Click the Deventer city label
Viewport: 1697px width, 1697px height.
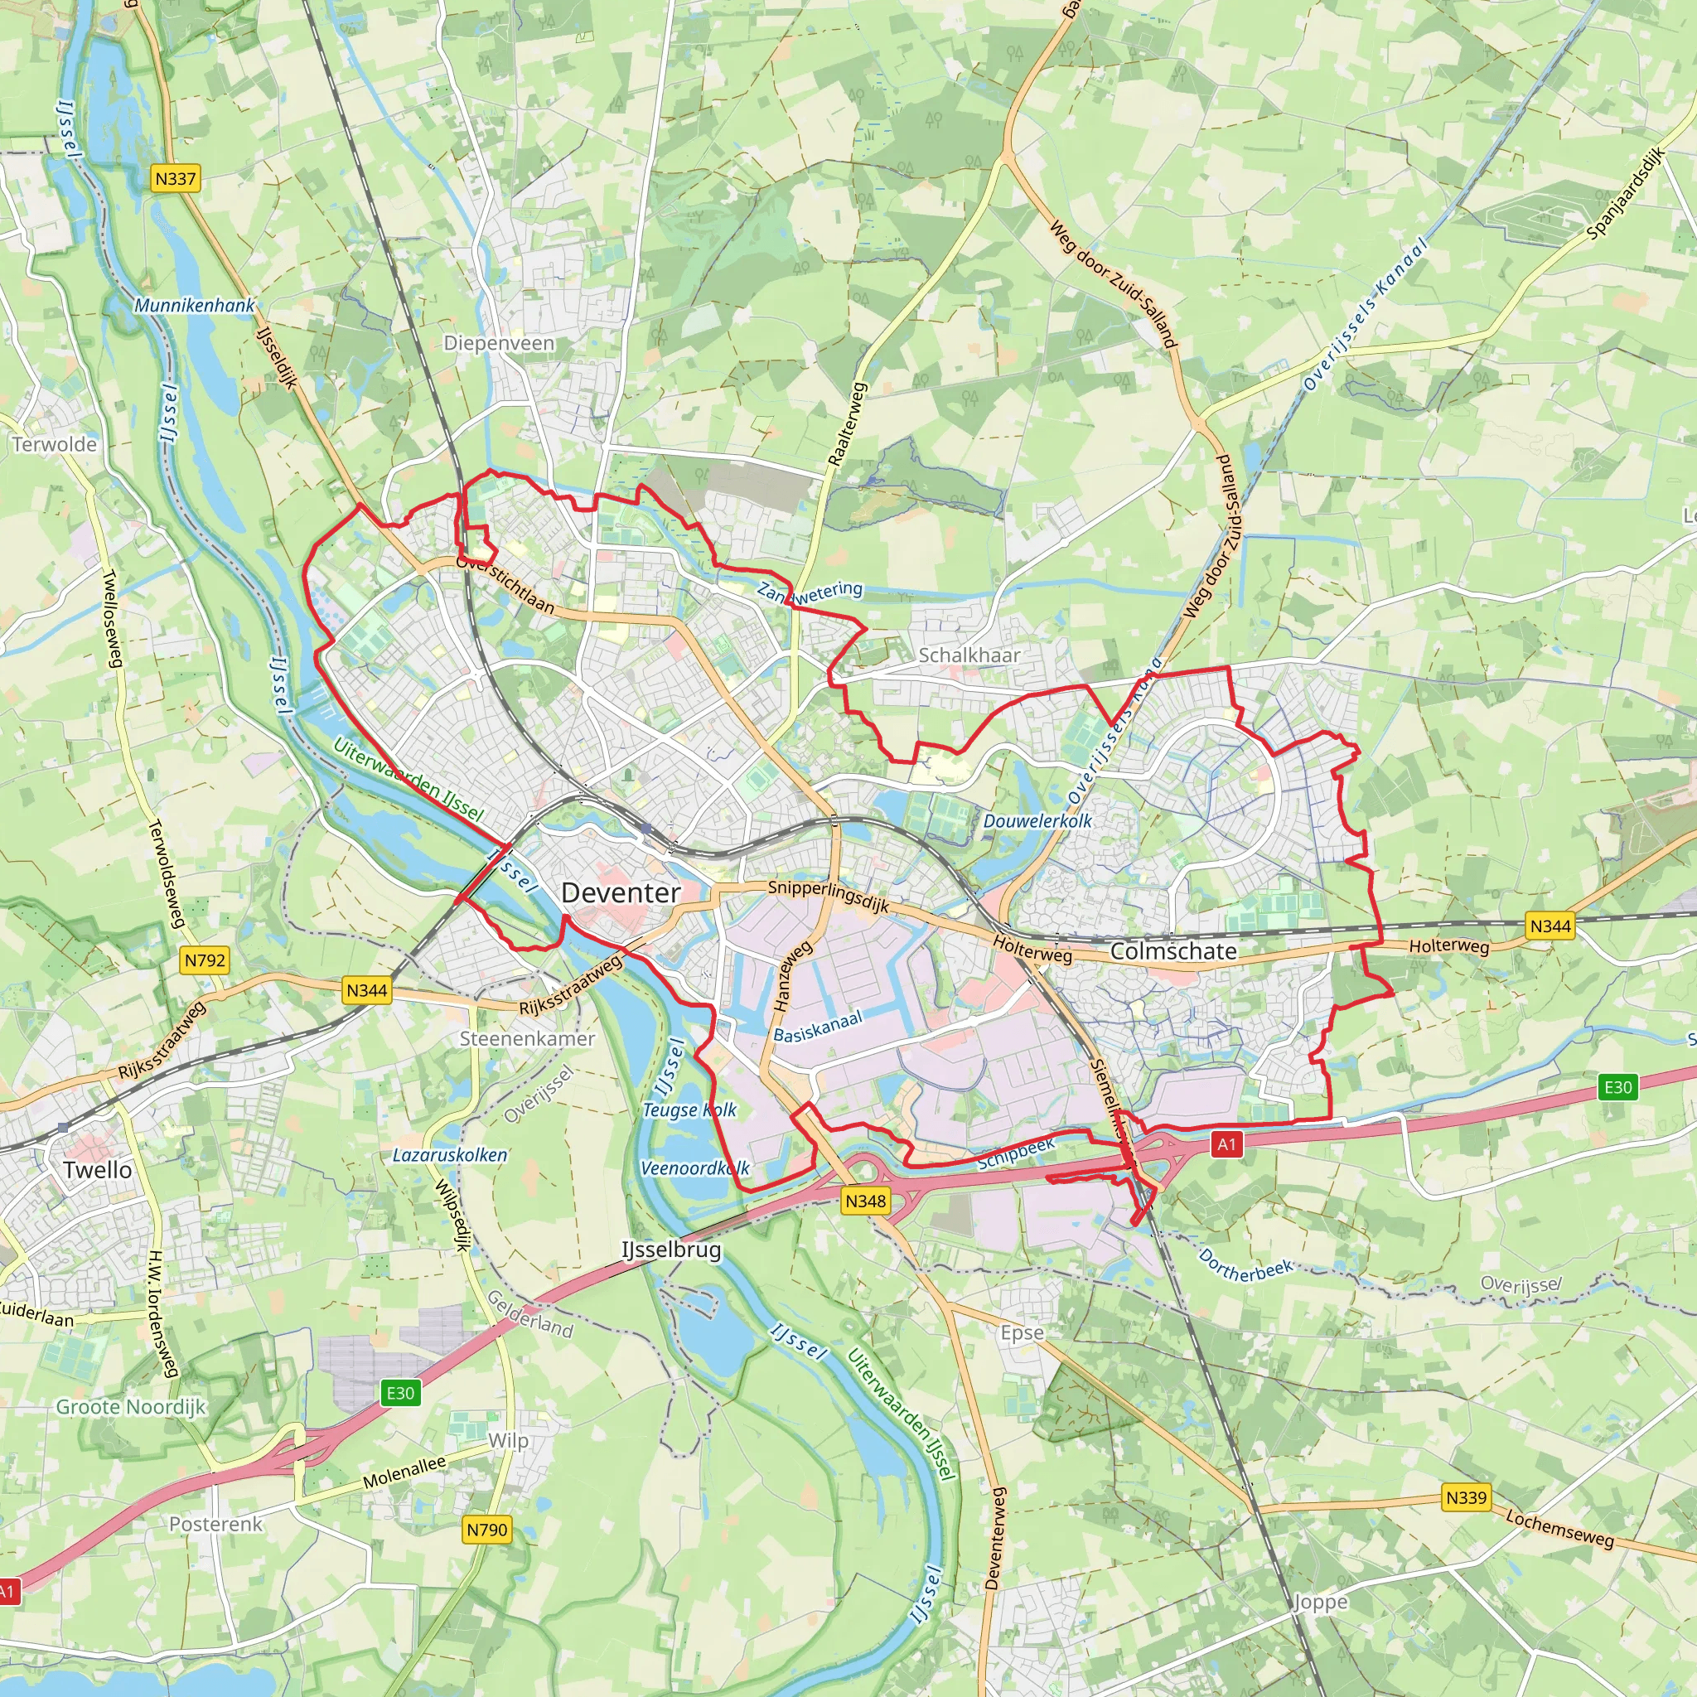coord(620,893)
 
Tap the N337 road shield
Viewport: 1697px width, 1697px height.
coord(176,179)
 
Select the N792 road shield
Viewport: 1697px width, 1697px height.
coord(205,960)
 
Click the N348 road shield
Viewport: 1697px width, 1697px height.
coord(865,1201)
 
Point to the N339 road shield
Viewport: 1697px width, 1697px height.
coord(1466,1496)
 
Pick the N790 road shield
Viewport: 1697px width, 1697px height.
coord(486,1530)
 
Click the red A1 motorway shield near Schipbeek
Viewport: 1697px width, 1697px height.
coord(1226,1144)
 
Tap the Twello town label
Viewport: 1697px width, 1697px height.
coord(98,1170)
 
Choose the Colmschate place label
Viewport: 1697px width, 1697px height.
coord(1173,951)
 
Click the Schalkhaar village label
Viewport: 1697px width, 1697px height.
coord(969,655)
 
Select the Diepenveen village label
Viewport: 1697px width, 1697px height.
coord(499,343)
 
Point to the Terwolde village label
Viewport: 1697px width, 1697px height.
coord(55,444)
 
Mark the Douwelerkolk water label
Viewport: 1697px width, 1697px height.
coord(1037,821)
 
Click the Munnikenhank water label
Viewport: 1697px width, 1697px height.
coord(194,306)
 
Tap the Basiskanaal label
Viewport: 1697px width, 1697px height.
coord(818,1027)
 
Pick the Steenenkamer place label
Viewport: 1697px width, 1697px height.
coord(527,1039)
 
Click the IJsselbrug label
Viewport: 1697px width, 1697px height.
coord(671,1250)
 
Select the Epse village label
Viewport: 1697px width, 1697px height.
coord(1023,1332)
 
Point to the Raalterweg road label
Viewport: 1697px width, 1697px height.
coord(848,423)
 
